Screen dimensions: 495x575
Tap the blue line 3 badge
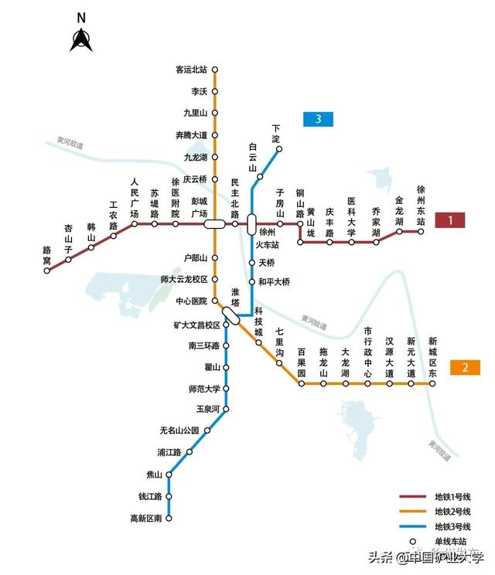(x=318, y=119)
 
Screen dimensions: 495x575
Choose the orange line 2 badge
(x=465, y=367)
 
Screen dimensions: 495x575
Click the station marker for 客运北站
(x=214, y=70)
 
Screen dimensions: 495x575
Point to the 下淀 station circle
(x=279, y=150)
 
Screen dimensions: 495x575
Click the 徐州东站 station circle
(x=422, y=230)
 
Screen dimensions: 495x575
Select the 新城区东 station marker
(x=432, y=383)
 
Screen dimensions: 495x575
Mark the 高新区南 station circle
(x=169, y=518)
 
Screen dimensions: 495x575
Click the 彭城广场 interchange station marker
(x=214, y=224)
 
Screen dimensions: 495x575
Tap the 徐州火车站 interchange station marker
(x=251, y=224)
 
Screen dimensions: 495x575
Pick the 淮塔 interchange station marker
(x=231, y=315)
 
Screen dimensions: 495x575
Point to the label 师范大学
(x=204, y=389)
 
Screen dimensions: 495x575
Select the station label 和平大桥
(x=274, y=282)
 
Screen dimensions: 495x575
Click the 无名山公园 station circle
(x=207, y=430)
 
